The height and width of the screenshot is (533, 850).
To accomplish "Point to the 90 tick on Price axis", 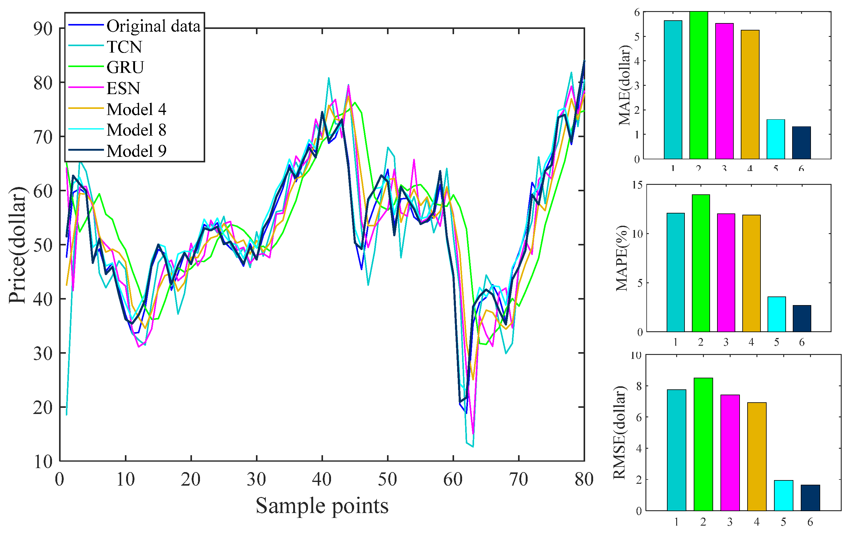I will [43, 28].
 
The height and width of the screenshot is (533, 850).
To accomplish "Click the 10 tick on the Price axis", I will [43, 461].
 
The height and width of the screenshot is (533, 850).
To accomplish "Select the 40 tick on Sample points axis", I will [322, 479].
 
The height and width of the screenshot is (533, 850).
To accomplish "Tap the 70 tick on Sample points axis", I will [519, 479].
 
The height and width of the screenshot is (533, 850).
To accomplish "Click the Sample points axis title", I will [322, 506].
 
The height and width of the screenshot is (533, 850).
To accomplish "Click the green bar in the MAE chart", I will [698, 85].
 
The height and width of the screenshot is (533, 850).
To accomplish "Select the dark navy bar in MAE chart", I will [801, 143].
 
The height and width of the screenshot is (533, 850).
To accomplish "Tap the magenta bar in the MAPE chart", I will [725, 272].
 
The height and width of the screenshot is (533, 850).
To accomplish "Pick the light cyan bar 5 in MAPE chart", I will [776, 314].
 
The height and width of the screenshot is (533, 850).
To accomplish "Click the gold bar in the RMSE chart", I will [756, 456].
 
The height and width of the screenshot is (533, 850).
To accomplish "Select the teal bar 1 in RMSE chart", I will [676, 450].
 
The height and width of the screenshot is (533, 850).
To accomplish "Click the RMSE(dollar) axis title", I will [620, 433].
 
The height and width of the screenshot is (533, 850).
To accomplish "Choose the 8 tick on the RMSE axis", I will [638, 386].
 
